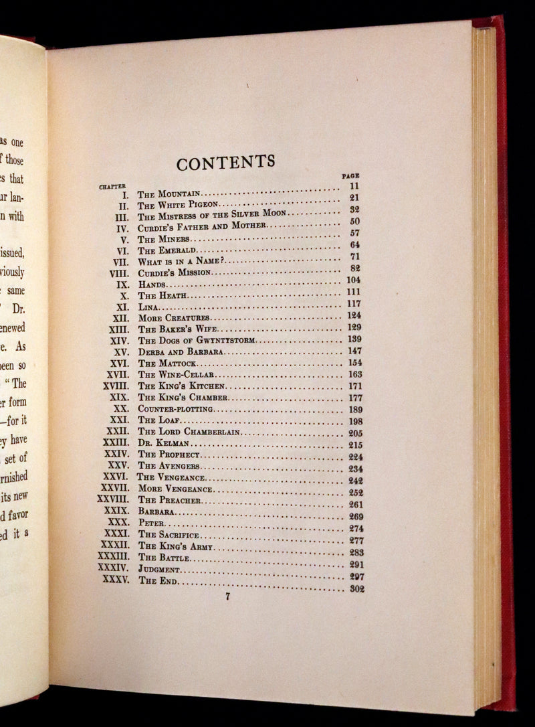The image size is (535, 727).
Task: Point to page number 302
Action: (x=355, y=589)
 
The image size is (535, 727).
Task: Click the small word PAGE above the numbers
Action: (x=350, y=175)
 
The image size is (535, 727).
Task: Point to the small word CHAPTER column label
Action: (x=113, y=187)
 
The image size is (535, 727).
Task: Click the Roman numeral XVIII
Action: (x=116, y=386)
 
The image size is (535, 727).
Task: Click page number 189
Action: (x=354, y=409)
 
